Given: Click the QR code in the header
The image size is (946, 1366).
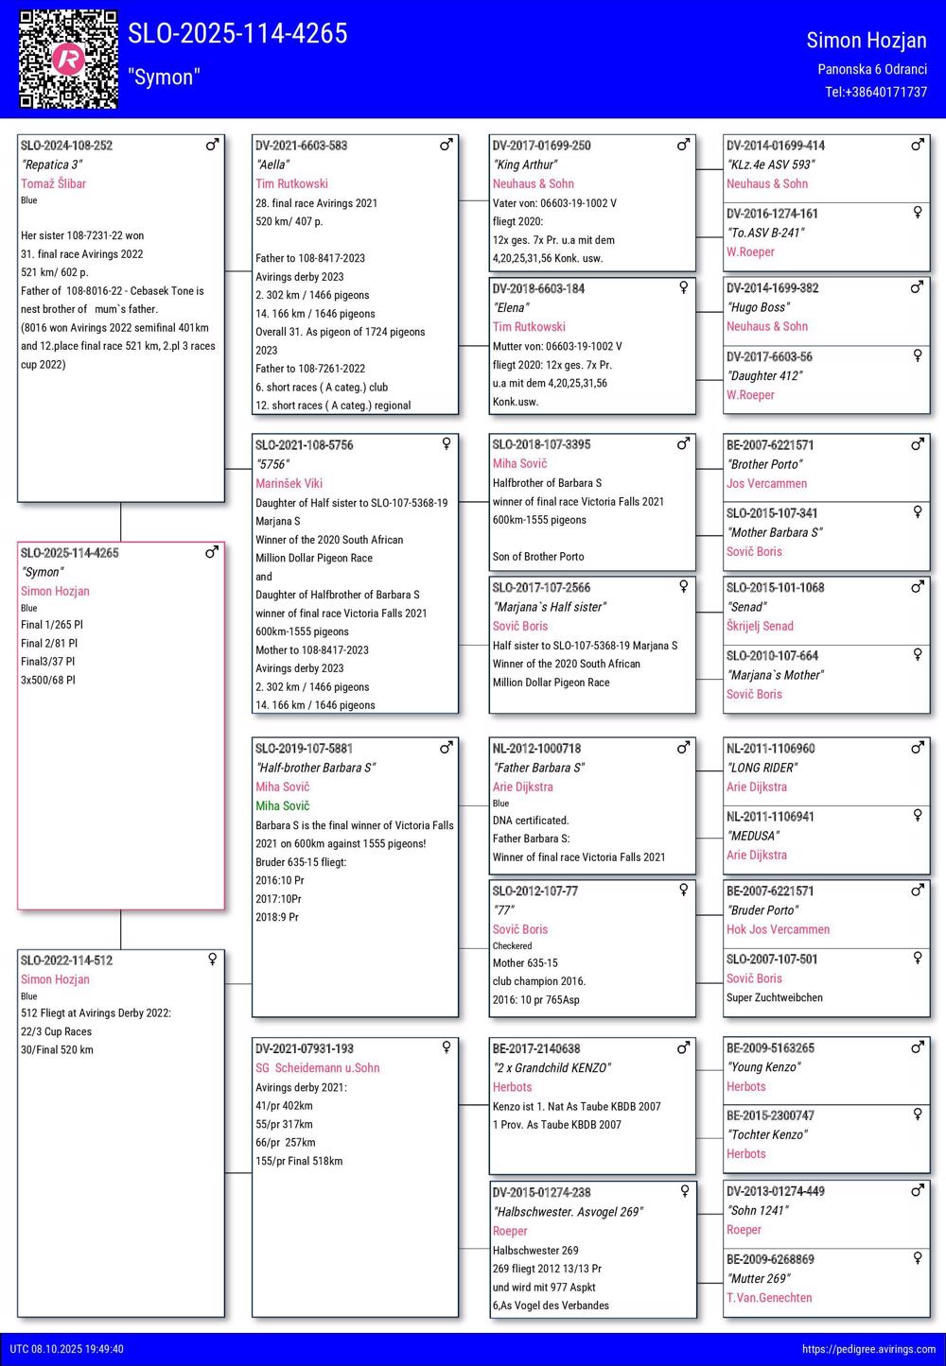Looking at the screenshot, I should pyautogui.click(x=68, y=59).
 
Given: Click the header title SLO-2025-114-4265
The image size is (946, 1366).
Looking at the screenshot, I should pyautogui.click(x=237, y=33).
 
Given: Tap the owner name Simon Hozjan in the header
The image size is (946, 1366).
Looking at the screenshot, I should pyautogui.click(x=866, y=40).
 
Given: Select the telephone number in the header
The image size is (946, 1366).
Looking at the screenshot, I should pyautogui.click(x=875, y=92).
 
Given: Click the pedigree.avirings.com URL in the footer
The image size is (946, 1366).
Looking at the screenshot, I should pyautogui.click(x=868, y=1349).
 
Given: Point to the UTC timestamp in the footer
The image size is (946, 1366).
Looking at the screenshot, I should pyautogui.click(x=67, y=1349).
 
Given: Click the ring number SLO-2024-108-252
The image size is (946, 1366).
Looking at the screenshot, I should pyautogui.click(x=66, y=146).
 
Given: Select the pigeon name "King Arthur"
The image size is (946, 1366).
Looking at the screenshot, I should pyautogui.click(x=524, y=164).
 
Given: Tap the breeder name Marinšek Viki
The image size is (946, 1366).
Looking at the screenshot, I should pyautogui.click(x=289, y=483).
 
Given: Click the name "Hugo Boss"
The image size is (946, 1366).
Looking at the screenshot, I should pyautogui.click(x=758, y=307).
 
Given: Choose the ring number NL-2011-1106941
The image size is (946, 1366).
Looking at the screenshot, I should pyautogui.click(x=770, y=817).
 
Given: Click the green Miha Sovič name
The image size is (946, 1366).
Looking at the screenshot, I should pyautogui.click(x=282, y=805).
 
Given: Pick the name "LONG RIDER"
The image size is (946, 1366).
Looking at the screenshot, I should pyautogui.click(x=762, y=768).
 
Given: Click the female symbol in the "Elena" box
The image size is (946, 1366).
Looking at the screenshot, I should pyautogui.click(x=683, y=287).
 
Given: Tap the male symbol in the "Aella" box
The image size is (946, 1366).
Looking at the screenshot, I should pyautogui.click(x=447, y=145).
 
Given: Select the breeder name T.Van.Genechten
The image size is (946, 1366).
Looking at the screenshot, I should pyautogui.click(x=769, y=1298).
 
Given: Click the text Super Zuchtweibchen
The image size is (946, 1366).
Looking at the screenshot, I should pyautogui.click(x=774, y=997).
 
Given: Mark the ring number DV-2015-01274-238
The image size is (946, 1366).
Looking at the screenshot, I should pyautogui.click(x=541, y=1192).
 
